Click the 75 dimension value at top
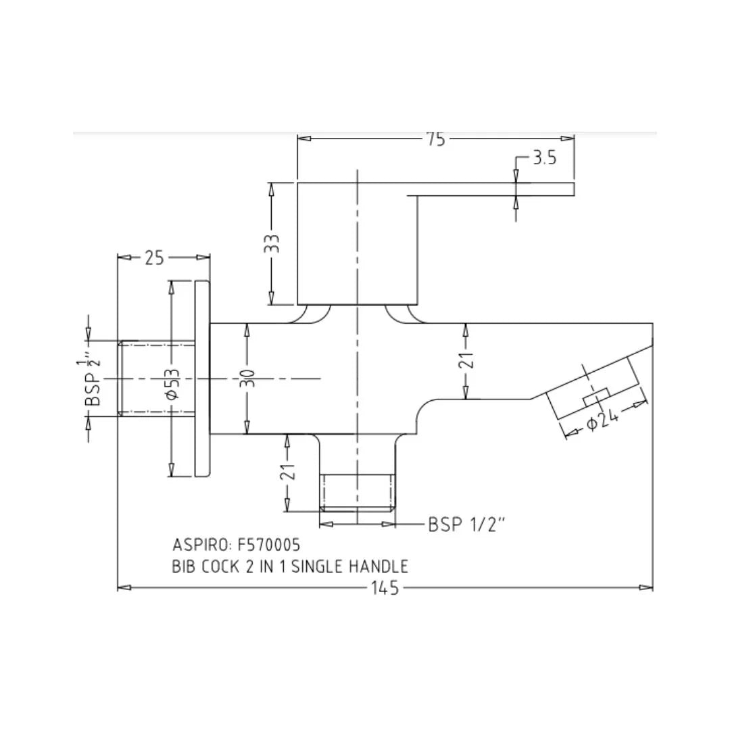[436, 139]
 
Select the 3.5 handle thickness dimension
[545, 158]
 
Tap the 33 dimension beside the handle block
[272, 243]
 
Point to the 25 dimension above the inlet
[154, 258]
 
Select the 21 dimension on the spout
[466, 360]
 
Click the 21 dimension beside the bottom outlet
[288, 472]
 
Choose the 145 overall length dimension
[385, 588]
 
